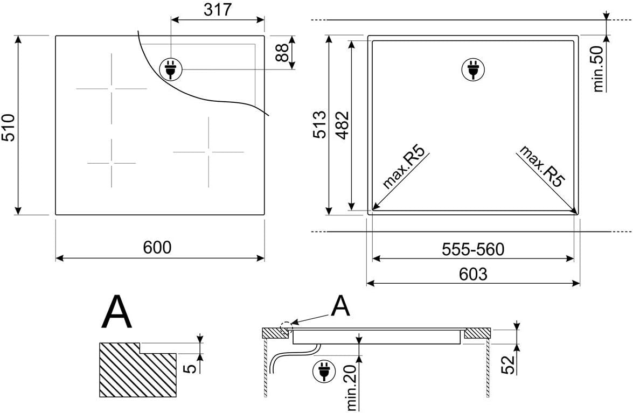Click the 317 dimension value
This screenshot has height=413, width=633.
pyautogui.click(x=218, y=9)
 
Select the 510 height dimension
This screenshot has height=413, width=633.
pyautogui.click(x=9, y=128)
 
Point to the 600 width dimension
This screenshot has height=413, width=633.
pyautogui.click(x=157, y=247)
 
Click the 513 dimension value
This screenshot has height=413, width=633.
pyautogui.click(x=321, y=124)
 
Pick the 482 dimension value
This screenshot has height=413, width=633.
pyautogui.click(x=342, y=124)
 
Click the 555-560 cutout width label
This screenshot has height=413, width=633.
pyautogui.click(x=473, y=250)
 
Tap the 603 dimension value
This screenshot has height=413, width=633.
pyautogui.click(x=473, y=274)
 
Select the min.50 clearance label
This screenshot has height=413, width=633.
pyautogui.click(x=598, y=69)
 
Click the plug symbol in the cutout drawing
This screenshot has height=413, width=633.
pyautogui.click(x=473, y=70)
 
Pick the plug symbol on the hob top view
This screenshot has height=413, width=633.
pyautogui.click(x=171, y=69)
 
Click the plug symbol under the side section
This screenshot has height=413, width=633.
pyautogui.click(x=324, y=372)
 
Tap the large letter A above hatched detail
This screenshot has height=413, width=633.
pyautogui.click(x=117, y=312)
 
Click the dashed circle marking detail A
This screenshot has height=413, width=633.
pyautogui.click(x=286, y=327)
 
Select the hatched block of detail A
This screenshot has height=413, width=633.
pyautogui.click(x=138, y=370)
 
